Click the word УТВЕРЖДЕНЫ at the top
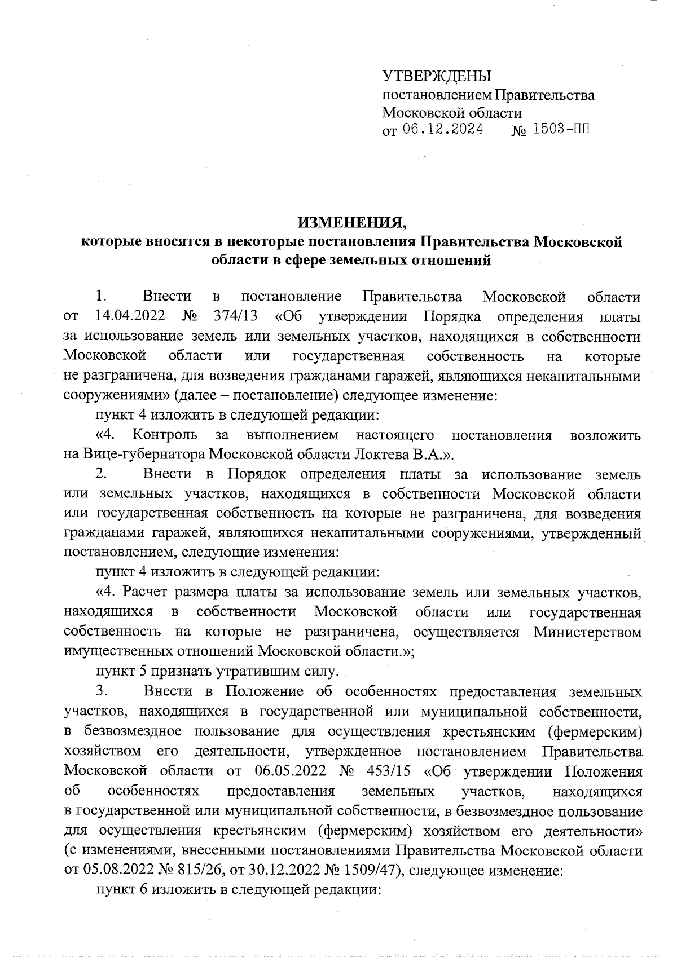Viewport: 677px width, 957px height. click(437, 76)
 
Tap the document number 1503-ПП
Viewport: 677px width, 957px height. click(561, 130)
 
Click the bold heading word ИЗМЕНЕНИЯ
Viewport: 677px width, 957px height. click(352, 223)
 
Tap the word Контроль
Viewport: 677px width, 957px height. click(165, 435)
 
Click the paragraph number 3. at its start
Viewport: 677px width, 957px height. click(102, 691)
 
